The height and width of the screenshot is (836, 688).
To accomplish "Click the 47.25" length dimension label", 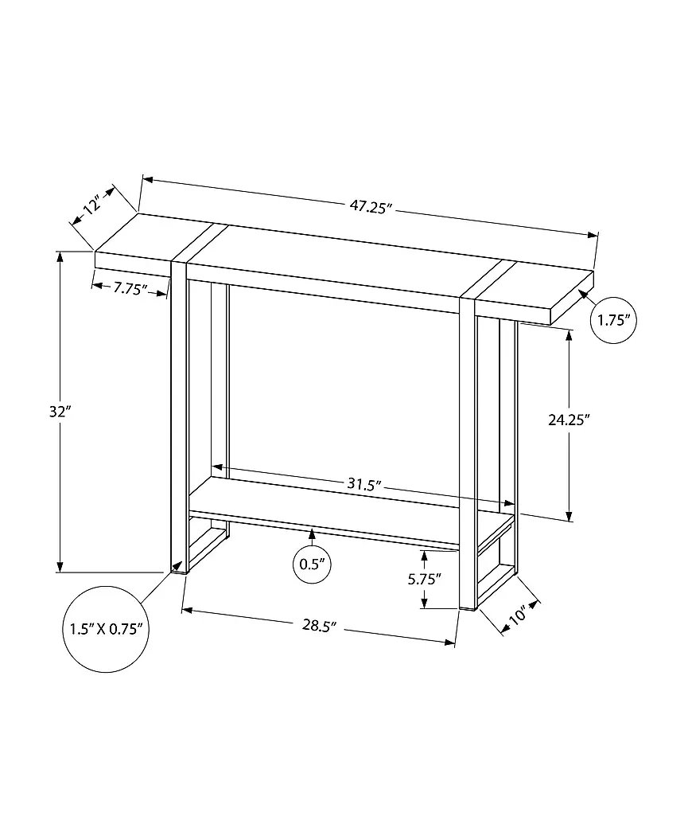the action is pyautogui.click(x=371, y=206).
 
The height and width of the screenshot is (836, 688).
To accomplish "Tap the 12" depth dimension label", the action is pyautogui.click(x=92, y=205).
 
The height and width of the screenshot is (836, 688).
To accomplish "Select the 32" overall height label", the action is pyautogui.click(x=60, y=412).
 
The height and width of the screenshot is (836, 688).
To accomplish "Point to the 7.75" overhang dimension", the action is pyautogui.click(x=130, y=289).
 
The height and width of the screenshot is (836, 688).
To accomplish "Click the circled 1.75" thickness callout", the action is pyautogui.click(x=613, y=320).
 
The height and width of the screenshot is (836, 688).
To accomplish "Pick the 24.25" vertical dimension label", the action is pyautogui.click(x=569, y=420).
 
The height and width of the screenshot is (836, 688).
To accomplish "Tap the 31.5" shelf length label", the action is pyautogui.click(x=365, y=484).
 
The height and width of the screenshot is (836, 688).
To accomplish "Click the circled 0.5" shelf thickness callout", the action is pyautogui.click(x=312, y=564).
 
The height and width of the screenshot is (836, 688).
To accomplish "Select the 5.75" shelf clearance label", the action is pyautogui.click(x=425, y=579).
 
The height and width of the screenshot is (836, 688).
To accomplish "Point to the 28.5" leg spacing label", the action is pyautogui.click(x=320, y=625).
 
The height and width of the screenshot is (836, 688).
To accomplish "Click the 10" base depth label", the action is pyautogui.click(x=517, y=615).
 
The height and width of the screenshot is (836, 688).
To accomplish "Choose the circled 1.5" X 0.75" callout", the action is pyautogui.click(x=107, y=629).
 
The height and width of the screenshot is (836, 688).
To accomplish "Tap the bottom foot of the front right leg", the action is pyautogui.click(x=467, y=607).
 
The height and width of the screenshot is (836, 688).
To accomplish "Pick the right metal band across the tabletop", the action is pyautogui.click(x=489, y=279).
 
